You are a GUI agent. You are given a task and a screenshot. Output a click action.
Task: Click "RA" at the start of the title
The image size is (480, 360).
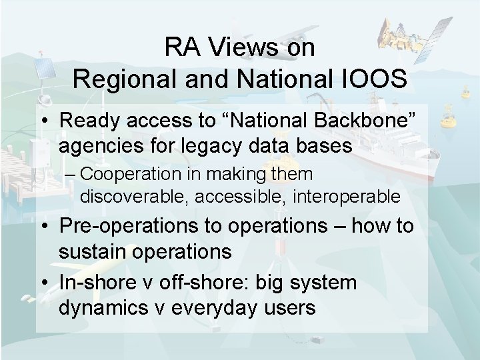coord(180,47)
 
